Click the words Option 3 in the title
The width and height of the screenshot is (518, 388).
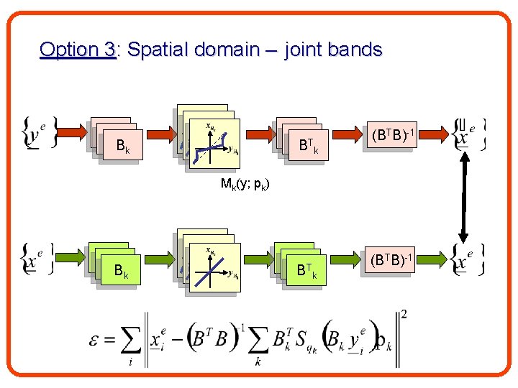[78, 50]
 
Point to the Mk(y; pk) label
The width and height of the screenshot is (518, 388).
[245, 185]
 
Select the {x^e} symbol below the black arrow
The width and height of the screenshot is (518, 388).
[468, 260]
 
